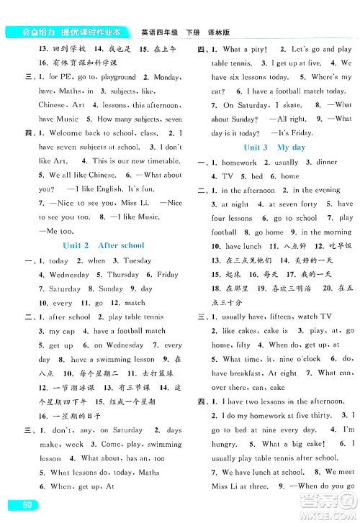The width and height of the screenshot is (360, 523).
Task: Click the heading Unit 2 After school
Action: pos(104,245)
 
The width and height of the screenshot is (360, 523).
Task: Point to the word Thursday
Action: pos(122,275)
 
